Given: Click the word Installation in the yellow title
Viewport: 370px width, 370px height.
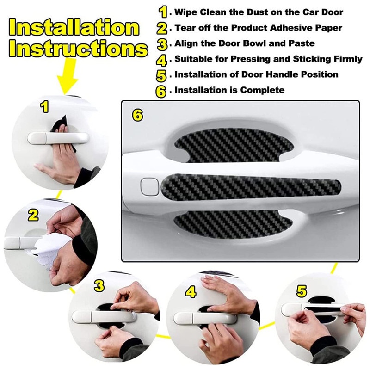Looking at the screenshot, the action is coord(74,28).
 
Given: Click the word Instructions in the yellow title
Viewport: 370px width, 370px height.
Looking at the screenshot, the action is coord(78,48).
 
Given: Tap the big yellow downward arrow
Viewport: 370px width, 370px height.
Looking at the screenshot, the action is coord(67,75).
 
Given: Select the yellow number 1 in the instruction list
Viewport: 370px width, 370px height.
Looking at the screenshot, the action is coord(163,12).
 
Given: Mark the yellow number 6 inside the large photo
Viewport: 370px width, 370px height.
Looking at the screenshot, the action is coord(137,115).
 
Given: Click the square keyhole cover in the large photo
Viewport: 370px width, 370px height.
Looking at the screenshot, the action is coord(149,187).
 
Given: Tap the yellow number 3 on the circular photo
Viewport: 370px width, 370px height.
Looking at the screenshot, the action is coord(99,285).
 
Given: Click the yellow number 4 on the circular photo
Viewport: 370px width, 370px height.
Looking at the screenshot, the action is coord(191,292).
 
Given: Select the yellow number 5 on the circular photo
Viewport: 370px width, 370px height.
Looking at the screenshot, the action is coord(302,291).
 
